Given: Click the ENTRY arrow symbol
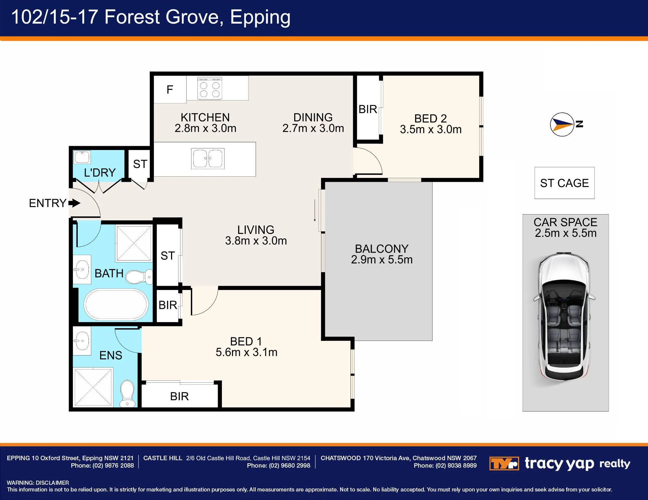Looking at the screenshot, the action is pos(74,203).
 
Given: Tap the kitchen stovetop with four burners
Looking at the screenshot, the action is pos(210,88).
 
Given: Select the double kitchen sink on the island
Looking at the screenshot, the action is pos(208,158).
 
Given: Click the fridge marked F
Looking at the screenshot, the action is pos(170,89).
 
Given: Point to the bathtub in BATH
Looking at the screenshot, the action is pos(116,304).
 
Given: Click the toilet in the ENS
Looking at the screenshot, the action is pos(127,393).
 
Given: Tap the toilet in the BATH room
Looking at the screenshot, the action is pos(139,277).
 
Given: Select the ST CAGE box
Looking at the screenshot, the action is pos(564,183).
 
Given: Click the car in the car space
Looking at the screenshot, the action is pos(564,318).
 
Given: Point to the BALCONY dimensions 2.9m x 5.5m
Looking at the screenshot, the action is pos(382,260).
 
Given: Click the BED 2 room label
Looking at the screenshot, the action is pos(431,118).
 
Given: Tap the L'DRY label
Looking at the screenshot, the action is pos(100,172).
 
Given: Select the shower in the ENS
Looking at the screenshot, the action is pos(93,387).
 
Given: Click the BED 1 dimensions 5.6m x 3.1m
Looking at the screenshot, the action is pos(247,352).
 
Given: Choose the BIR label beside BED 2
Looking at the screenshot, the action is pos(368,109).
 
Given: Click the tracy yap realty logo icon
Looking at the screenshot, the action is pos(504,463).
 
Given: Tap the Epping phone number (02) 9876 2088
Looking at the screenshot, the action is pos(113,466).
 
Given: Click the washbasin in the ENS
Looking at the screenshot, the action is pos(82,341).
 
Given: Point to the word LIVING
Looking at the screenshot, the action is pos(256,230).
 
